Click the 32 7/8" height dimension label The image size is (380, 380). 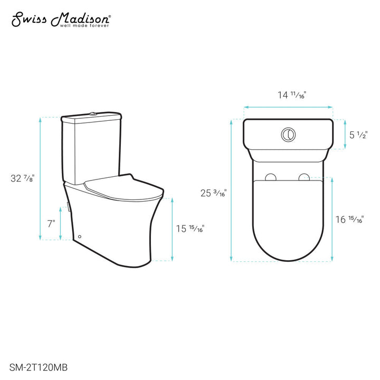(24, 177)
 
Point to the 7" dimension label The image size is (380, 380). (51, 223)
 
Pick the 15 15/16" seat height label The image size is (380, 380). (191, 229)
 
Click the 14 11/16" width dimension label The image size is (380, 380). (292, 96)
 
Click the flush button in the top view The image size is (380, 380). (288, 134)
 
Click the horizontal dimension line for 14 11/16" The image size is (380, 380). (288, 107)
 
